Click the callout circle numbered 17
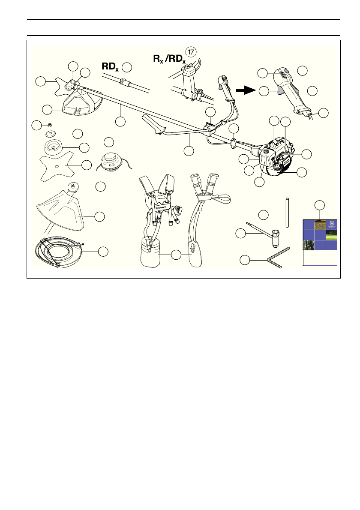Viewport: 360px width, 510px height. click(191, 51)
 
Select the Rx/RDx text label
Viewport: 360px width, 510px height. click(169, 59)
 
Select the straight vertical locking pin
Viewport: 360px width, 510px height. click(287, 212)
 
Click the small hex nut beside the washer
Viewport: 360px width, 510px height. click(50, 125)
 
